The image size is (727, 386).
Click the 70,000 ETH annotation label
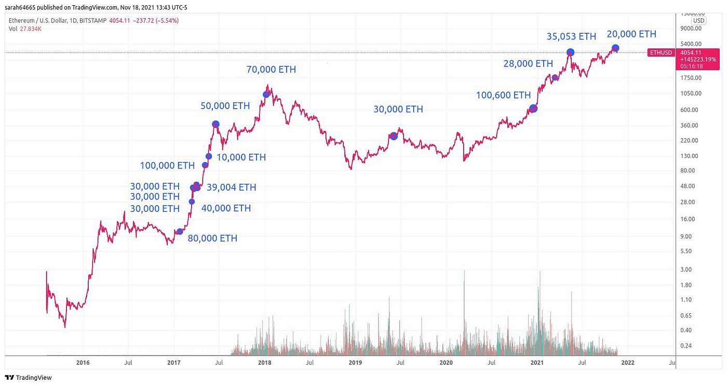tap(271, 70)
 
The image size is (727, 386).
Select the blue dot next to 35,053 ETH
tap(570, 52)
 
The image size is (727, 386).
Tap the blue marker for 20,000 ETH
tap(615, 48)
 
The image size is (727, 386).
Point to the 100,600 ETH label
tap(503, 95)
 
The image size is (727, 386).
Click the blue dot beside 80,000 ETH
tap(180, 232)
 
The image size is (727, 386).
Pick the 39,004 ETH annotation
tap(231, 188)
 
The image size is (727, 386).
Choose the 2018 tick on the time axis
tap(264, 363)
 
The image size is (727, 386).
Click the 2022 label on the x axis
tap(627, 363)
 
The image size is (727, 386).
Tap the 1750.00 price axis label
tap(690, 78)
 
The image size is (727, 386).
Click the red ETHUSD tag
tap(661, 52)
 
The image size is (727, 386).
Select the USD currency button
tap(698, 21)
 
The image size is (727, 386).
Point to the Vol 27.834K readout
tap(24, 29)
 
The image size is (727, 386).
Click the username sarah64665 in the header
tap(20, 7)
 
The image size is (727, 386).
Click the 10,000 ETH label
tap(241, 157)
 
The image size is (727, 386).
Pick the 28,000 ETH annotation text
tap(528, 64)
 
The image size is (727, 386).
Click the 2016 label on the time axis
tap(83, 363)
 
